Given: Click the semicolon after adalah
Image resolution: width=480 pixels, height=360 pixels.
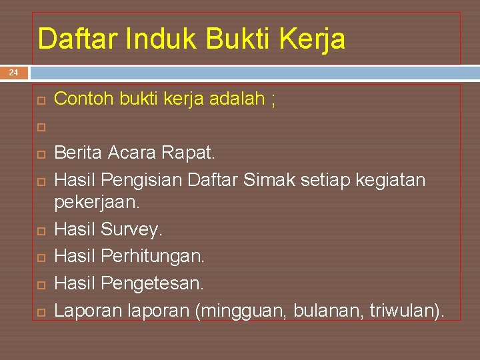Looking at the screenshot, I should pos(273,101).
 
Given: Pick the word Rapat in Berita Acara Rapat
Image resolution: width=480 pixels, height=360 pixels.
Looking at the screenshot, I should pos(189,153).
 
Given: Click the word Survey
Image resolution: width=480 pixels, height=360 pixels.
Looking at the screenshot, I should pos(131,230).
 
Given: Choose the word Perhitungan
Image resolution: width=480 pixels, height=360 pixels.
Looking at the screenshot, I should pos(153,256).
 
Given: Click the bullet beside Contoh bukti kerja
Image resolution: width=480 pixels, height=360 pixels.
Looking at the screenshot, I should pos(41,100).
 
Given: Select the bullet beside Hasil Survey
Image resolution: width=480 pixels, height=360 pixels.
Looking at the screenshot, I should pos(41,231).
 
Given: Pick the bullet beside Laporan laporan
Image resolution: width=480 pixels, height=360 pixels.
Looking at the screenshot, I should pos(41,311).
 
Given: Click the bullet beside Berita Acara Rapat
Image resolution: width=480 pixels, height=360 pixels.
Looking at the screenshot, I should pos(41,154).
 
